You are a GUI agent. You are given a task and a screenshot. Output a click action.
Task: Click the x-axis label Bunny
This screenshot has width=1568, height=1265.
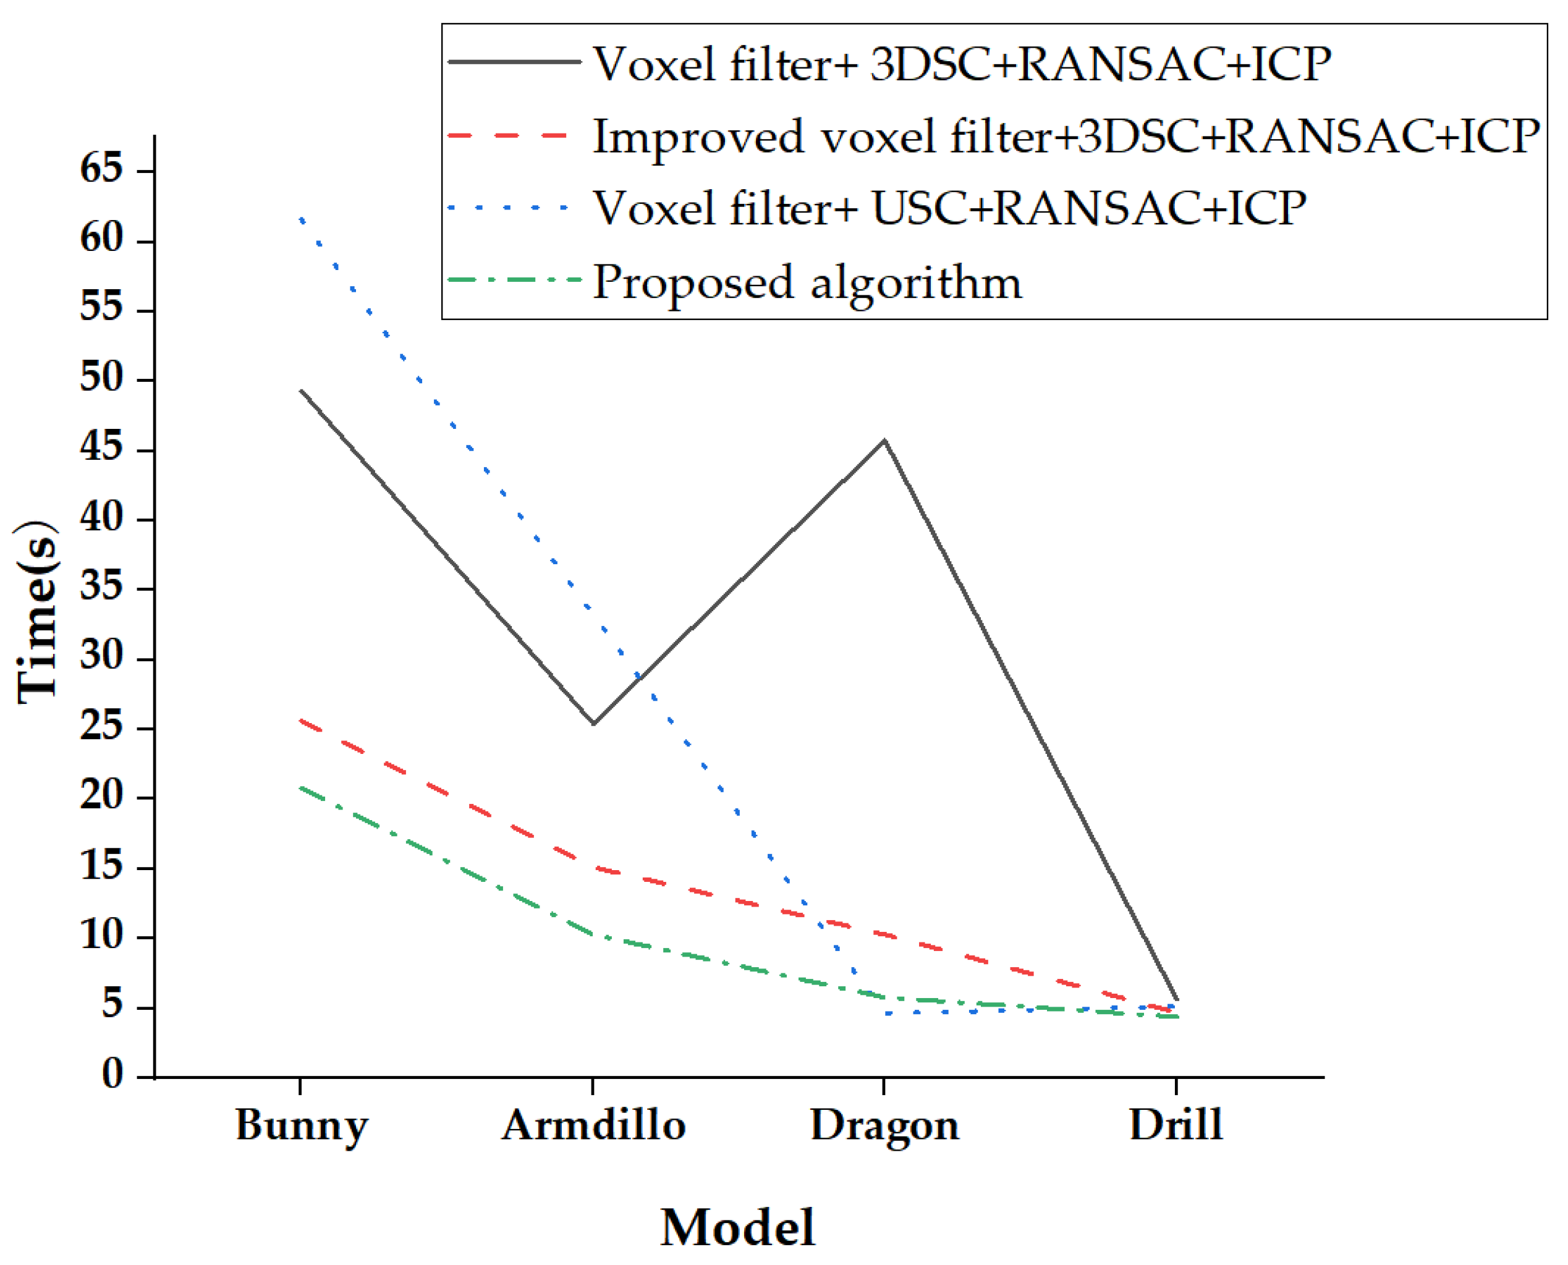(302, 1126)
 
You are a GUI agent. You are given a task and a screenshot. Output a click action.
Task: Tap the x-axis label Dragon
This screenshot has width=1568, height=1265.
(884, 1126)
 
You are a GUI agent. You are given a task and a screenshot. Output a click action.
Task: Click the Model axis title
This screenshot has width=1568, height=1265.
(737, 1227)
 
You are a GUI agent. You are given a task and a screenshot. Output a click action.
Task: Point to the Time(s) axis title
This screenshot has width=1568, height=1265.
(36, 612)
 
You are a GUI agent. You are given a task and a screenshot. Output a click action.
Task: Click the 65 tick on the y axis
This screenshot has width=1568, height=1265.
(101, 169)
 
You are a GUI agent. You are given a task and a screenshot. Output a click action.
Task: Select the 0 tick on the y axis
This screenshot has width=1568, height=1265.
(112, 1074)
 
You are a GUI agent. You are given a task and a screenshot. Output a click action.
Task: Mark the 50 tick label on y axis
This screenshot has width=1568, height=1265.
(101, 378)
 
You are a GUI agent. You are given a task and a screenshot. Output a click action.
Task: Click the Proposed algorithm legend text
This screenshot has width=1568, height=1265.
(807, 283)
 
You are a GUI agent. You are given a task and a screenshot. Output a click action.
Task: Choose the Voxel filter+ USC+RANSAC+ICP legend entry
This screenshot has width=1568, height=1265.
(949, 208)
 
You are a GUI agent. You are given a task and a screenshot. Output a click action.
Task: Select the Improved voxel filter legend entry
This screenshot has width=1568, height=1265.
(1066, 137)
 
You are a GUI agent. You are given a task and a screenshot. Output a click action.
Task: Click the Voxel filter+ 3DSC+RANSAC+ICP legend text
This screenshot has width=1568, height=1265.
(962, 64)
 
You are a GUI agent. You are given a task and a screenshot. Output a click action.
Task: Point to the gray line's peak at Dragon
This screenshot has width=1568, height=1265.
(884, 440)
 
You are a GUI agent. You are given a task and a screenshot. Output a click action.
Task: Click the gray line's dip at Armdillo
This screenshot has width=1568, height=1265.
(594, 724)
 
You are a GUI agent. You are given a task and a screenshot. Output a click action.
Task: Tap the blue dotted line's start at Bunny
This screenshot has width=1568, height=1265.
(301, 218)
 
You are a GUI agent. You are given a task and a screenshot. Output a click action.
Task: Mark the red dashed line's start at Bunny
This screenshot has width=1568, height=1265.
(301, 720)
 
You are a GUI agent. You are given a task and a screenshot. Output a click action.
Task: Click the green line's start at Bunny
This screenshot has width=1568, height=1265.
(301, 788)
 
